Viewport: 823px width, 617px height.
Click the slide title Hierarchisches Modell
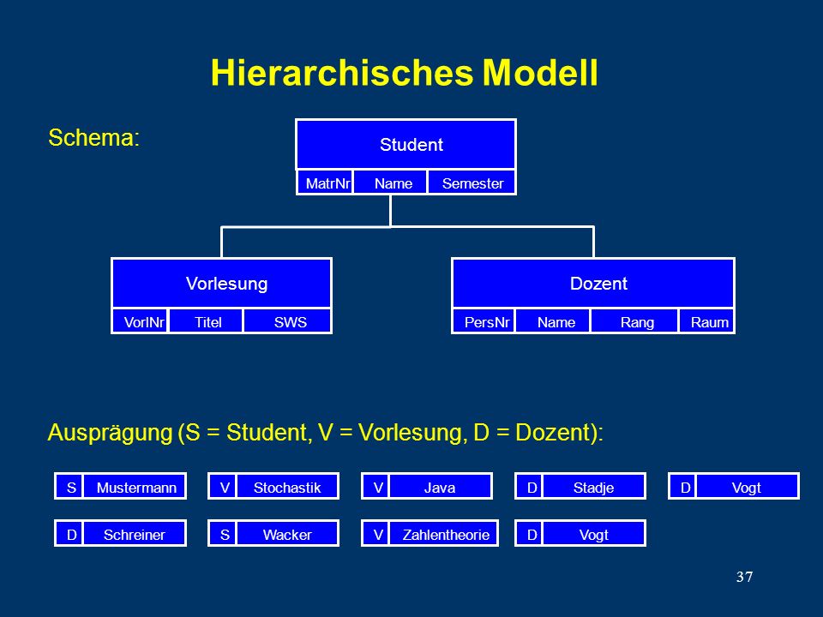[x=404, y=72]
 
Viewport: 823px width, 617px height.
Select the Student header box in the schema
[x=405, y=144]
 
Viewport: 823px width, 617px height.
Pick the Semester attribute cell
[x=472, y=183]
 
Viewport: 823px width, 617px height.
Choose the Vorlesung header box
[x=221, y=284]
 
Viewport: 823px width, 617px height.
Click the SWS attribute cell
[x=288, y=321]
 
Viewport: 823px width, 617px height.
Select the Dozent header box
[x=593, y=284]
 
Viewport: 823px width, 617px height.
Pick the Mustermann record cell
[x=135, y=487]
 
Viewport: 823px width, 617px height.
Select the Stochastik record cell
[x=288, y=487]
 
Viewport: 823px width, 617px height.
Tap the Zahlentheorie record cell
[x=443, y=534]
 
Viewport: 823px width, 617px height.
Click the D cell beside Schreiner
[x=69, y=534]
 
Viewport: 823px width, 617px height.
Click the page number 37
[x=744, y=577]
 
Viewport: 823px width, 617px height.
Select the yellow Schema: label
[x=94, y=137]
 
